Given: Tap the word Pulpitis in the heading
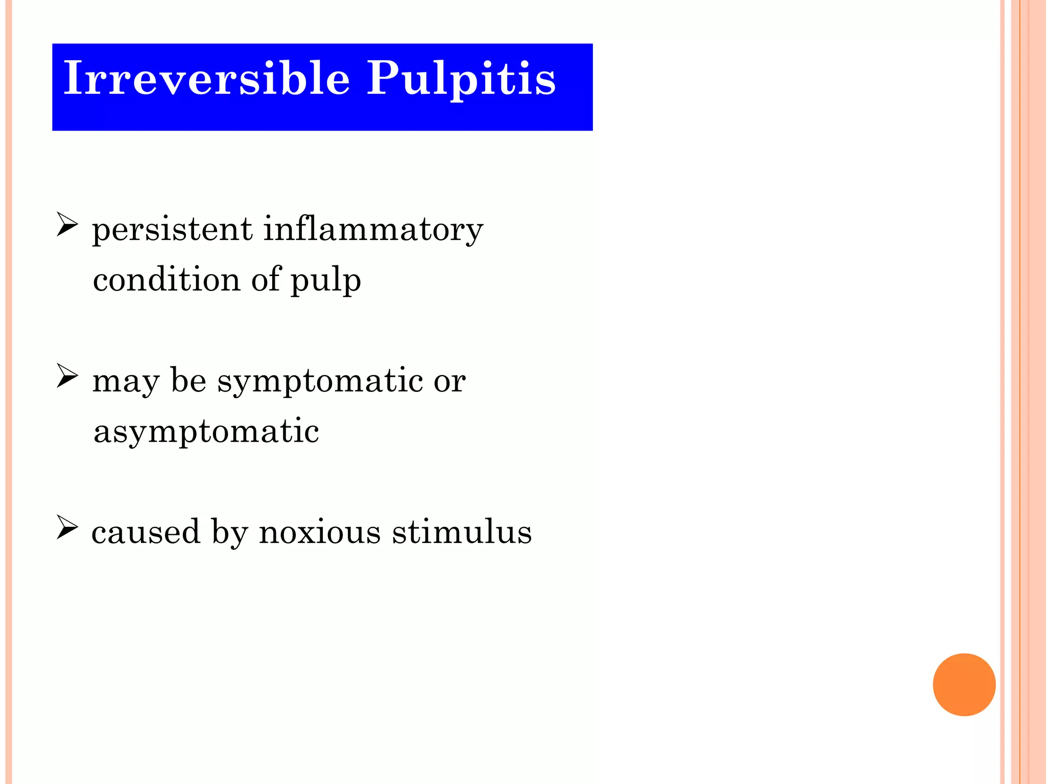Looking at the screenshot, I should (461, 79).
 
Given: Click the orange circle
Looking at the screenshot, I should (964, 684).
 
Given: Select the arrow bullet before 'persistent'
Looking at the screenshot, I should (67, 225).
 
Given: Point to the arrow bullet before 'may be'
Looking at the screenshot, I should (67, 376).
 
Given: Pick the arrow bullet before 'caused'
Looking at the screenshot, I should (67, 527).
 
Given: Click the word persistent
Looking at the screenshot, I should (172, 230).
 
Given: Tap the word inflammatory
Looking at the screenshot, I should (373, 230).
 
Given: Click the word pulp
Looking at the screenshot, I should (326, 281).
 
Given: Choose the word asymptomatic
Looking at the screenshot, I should (206, 432).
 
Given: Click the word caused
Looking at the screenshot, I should (146, 532).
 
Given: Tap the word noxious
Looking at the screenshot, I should (320, 532).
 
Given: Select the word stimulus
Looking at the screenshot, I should (462, 532).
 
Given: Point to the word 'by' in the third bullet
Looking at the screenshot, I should (230, 533).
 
